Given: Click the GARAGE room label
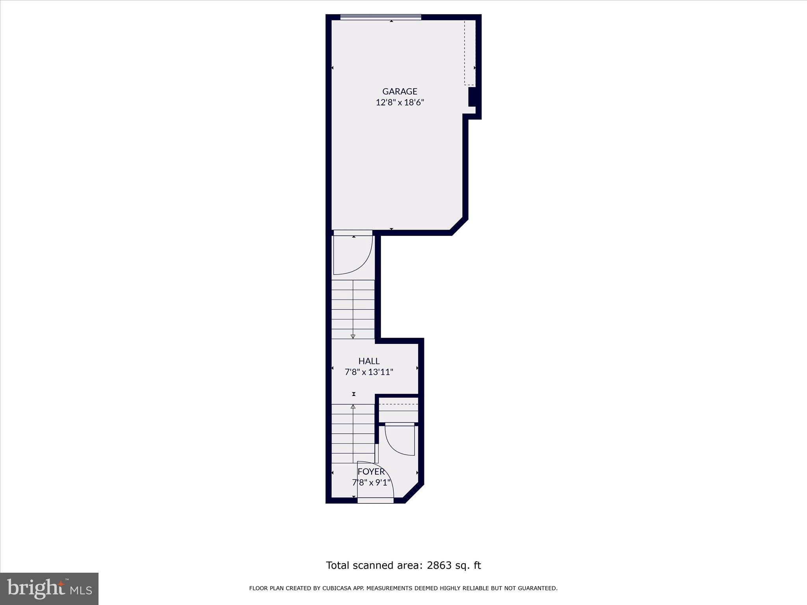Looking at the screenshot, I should pos(400,91).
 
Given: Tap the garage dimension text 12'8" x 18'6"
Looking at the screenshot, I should pos(400,103).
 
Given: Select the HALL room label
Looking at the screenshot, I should pos(369,361).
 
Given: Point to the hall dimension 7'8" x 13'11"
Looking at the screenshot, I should pos(369,372).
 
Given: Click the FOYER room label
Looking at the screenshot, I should pos(371,471).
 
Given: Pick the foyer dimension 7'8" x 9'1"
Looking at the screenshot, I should pos(371,483).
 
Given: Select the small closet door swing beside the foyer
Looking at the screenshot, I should pos(400,440).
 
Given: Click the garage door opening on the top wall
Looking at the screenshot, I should pos(381,17).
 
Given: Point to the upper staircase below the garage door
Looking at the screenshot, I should pos(353,309).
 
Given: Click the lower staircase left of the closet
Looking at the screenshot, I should pos(353,433).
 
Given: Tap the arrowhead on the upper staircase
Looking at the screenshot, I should pos(353,336).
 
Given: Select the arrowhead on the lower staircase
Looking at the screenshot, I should pos(353,406).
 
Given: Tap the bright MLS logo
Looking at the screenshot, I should pos(49,588).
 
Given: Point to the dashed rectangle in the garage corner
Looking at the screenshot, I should pos(469,53).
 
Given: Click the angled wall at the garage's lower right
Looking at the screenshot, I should pos(459,226).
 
